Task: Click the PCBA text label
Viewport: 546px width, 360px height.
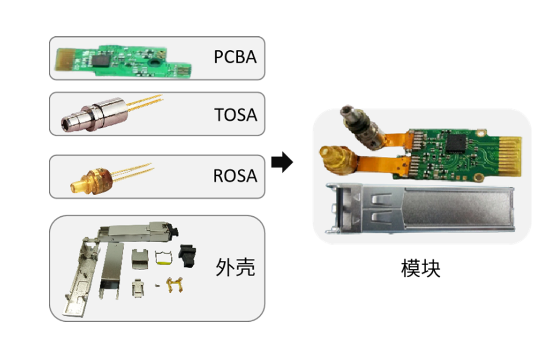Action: pos(235,57)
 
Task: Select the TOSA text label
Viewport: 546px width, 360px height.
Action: pos(235,114)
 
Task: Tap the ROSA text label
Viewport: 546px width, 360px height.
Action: pos(235,176)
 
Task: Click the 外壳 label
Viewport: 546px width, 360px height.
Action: pos(235,267)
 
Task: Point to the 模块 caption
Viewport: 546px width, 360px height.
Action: pos(420,268)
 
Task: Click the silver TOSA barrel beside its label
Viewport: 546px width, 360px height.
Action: pos(97,115)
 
